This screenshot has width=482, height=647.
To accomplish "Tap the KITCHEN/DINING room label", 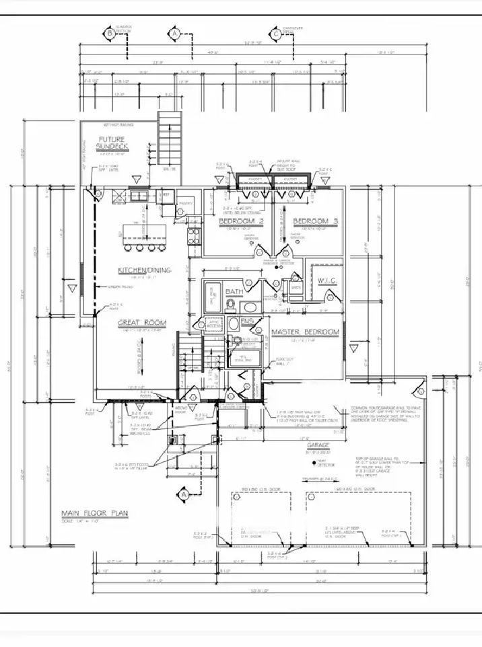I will pos(144,270).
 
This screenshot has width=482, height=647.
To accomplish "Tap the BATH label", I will pos(234,291).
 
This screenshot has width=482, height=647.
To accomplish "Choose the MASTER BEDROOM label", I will pos(304,332).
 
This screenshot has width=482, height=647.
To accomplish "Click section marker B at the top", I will pos(110,32).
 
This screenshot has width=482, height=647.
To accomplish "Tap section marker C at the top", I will pos(276,32).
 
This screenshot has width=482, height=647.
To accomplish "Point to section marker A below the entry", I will pos(182,495).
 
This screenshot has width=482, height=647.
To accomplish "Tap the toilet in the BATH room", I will pos(230,306).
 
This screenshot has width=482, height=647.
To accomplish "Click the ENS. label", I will pos(247,322).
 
